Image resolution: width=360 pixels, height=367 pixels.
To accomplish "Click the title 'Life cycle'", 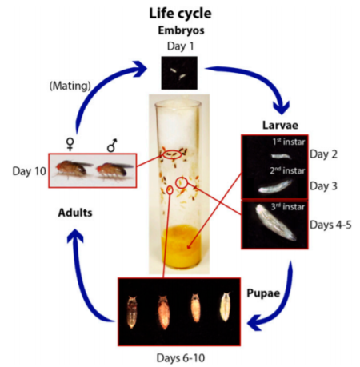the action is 180,14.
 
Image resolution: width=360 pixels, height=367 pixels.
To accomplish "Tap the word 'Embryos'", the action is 181,30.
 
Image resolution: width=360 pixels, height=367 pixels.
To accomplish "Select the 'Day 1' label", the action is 180,46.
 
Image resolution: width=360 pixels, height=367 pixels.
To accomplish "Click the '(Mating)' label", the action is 70,86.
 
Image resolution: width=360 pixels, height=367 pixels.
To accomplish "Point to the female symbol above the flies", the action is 70,144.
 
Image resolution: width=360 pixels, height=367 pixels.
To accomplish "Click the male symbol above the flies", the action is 112,145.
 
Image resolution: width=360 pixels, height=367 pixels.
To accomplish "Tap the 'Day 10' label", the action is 30,171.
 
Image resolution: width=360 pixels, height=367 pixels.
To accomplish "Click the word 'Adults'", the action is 75,213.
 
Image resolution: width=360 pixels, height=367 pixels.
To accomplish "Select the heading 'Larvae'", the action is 280,125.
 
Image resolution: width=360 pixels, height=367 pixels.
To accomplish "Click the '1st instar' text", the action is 289,142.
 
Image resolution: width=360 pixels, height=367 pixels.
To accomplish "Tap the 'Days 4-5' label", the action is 330,225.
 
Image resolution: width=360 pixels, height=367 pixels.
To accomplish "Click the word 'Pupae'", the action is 263,293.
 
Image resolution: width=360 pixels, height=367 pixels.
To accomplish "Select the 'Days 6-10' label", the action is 181,358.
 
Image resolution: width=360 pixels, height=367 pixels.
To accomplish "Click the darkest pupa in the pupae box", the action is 132,312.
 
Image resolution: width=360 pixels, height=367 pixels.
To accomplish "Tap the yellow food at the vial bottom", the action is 182,246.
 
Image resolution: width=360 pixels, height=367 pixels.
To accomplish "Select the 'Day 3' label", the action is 323,186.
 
